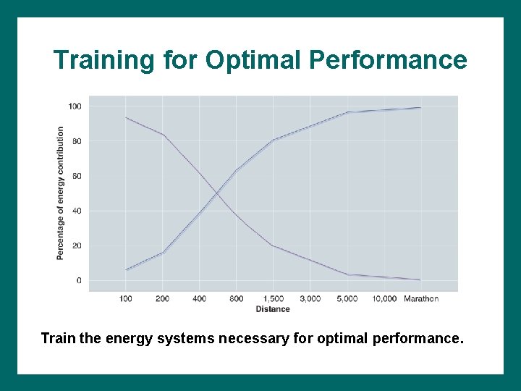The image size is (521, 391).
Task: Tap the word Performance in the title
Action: (388, 60)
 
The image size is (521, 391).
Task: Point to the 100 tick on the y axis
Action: (75, 106)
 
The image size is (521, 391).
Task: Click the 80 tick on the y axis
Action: (77, 141)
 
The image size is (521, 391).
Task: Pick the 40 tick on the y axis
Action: (77, 211)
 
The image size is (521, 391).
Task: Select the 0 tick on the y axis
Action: (79, 280)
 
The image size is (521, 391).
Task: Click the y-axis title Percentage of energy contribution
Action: (60, 193)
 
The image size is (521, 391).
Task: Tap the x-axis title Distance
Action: (272, 309)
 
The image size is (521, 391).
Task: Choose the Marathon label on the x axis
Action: (421, 299)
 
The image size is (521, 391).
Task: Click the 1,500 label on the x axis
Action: (273, 299)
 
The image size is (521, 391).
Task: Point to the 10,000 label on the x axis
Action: (384, 299)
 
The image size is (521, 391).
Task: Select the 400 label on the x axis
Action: (200, 299)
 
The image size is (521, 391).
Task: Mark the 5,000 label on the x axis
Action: (347, 299)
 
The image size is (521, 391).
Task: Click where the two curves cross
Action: (217, 193)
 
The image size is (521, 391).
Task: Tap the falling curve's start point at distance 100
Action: (126, 117)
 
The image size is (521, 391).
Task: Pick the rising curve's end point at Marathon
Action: (420, 108)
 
